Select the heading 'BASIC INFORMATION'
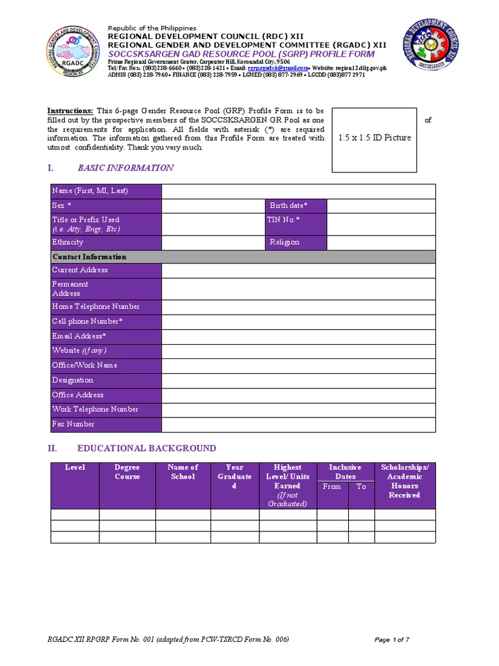click(125, 168)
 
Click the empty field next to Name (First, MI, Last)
click(298, 191)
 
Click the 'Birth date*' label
click(288, 206)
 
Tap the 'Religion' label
click(285, 242)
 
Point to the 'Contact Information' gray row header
click(90, 257)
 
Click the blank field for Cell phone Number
click(298, 322)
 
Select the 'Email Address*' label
click(79, 336)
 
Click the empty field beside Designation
click(298, 380)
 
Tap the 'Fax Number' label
click(73, 424)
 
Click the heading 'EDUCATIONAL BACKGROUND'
click(147, 448)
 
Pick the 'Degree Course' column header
click(127, 472)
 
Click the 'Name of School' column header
click(183, 472)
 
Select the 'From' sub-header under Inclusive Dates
click(332, 486)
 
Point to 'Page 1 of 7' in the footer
click(392, 640)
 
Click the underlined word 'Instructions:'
click(71, 111)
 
